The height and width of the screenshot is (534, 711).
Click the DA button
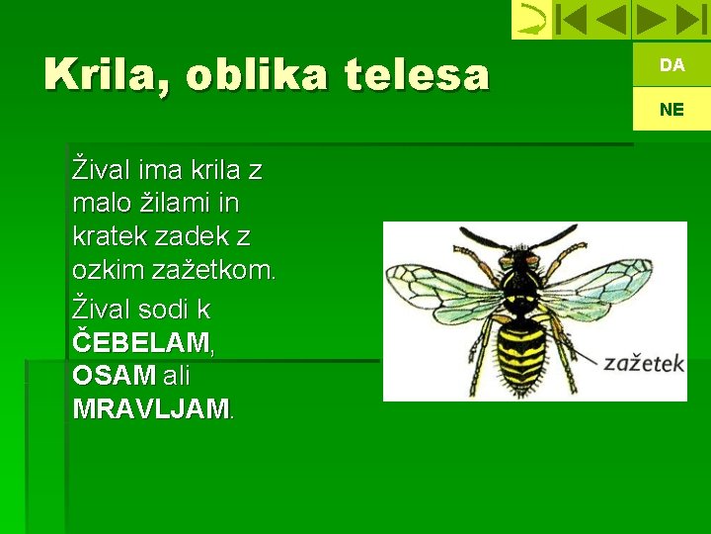point(671,65)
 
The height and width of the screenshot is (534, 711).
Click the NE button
point(671,109)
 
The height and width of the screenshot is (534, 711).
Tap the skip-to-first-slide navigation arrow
point(571,19)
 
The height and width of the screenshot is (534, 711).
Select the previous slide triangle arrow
point(611,19)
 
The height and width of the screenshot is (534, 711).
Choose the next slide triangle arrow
point(651,19)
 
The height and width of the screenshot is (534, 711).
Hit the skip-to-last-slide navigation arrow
point(690,19)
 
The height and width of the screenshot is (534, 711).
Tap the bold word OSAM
point(114,377)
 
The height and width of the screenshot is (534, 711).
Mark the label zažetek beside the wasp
point(644,364)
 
